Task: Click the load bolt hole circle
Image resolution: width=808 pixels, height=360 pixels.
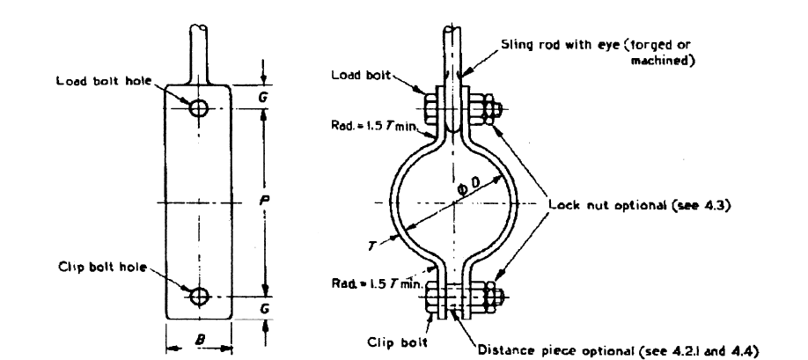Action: (198, 109)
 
